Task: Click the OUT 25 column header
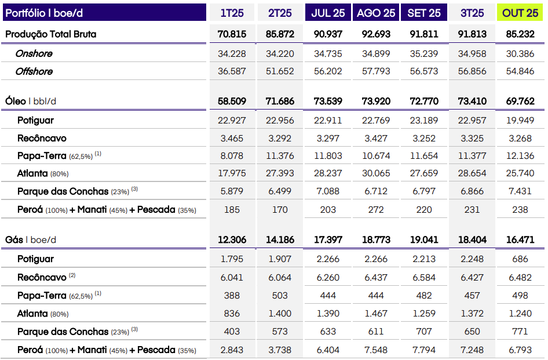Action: coord(520,13)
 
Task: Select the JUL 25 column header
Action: coord(328,13)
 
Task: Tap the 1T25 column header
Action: coord(232,13)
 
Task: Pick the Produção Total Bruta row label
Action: coord(51,34)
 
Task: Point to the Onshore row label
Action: coord(34,53)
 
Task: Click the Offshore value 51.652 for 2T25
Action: coord(280,71)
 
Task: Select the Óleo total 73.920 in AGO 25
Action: coord(376,101)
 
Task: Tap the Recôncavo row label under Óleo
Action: coord(42,139)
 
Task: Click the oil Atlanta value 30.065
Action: coord(376,173)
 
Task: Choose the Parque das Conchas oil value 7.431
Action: coord(520,191)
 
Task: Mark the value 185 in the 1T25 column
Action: coord(232,209)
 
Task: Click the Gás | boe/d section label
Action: coord(31,239)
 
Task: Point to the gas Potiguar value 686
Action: coord(520,259)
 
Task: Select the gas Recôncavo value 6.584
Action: coord(424,278)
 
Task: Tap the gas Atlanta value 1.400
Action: coord(280,314)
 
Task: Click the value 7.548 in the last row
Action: coord(376,350)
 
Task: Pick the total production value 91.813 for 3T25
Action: coord(472,34)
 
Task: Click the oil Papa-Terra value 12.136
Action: coord(520,156)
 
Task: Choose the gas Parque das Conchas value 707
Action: coord(424,332)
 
